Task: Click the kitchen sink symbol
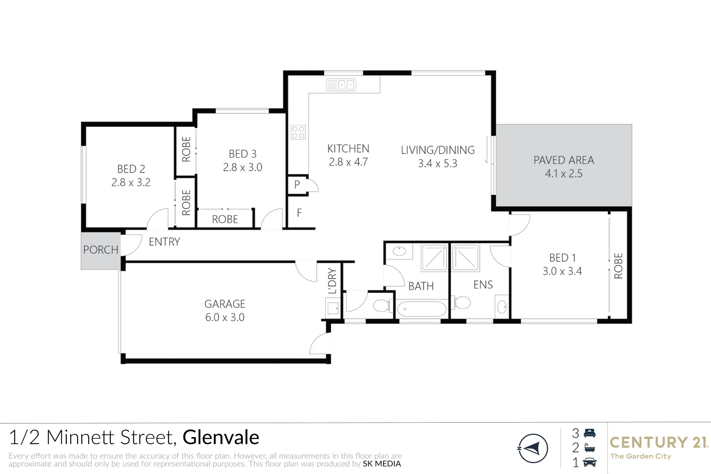(341, 85)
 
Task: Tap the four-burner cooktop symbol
(298, 132)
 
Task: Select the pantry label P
(297, 185)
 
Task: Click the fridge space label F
(299, 213)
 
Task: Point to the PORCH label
(101, 250)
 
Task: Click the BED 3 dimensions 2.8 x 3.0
(242, 167)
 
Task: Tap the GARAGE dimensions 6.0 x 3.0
(225, 317)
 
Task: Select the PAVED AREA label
(564, 160)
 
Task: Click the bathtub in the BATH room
(422, 309)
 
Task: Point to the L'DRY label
(332, 281)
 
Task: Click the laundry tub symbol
(333, 308)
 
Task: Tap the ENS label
(483, 285)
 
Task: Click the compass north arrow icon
(533, 449)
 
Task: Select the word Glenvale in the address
(221, 438)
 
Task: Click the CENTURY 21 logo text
(658, 442)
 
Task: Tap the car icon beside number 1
(590, 463)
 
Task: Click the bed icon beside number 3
(590, 433)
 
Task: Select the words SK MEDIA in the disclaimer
(381, 464)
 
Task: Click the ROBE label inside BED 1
(618, 266)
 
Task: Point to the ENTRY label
(164, 242)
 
